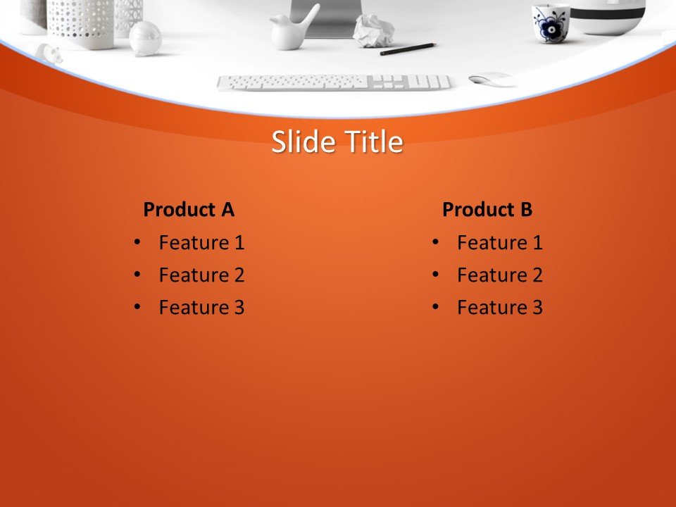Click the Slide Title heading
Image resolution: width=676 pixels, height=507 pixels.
tap(337, 142)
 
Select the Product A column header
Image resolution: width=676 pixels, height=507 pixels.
tap(188, 210)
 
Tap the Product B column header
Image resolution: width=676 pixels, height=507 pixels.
tap(487, 210)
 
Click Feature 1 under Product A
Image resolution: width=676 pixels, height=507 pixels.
tap(201, 243)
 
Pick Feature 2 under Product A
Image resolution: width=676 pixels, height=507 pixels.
tap(201, 275)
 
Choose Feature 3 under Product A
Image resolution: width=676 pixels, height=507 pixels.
tap(201, 308)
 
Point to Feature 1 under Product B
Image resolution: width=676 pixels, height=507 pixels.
tap(499, 243)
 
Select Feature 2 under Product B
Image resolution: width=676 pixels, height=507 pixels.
tap(499, 275)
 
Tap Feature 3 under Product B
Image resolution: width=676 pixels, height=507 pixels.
tap(499, 308)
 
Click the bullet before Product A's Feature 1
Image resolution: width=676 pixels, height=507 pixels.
tap(137, 242)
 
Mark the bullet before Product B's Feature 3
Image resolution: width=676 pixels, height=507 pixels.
tap(435, 307)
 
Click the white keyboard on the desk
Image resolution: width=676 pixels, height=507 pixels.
tap(333, 82)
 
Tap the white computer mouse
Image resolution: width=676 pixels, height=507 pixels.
tap(492, 79)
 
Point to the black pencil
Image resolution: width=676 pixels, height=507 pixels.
tap(408, 49)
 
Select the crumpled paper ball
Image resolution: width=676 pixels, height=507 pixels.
tap(373, 32)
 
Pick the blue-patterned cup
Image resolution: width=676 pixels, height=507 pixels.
tap(551, 22)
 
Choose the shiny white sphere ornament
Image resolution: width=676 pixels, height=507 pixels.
tap(145, 37)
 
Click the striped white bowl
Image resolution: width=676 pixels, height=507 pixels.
tap(607, 15)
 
